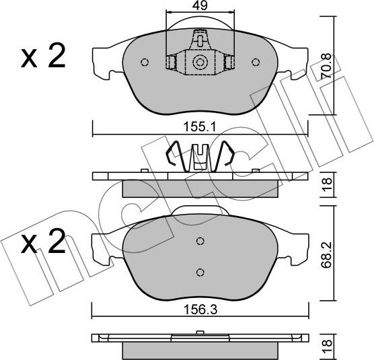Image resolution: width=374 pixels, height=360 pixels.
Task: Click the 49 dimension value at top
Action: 200,6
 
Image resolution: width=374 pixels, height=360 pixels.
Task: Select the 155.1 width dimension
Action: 199,125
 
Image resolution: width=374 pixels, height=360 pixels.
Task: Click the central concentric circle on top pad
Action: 199,63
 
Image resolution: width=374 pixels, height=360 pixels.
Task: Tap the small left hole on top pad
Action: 144,63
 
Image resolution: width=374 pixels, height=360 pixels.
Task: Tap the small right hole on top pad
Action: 255,63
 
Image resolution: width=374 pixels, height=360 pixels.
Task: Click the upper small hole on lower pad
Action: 199,242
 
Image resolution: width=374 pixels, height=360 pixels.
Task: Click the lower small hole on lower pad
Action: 199,272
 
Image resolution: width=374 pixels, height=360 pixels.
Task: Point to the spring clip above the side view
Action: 199,156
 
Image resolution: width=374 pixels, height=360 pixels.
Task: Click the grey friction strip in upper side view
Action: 199,189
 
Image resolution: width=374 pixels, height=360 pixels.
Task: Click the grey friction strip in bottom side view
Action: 199,349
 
